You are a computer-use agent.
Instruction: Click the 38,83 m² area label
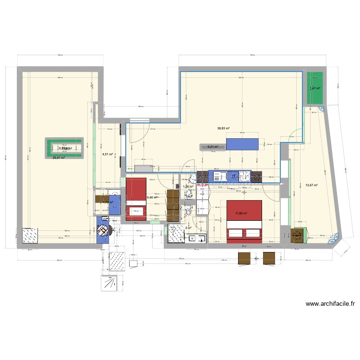tap(223, 129)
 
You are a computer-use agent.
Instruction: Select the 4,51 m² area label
tap(107, 155)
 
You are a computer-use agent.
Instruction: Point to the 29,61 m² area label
tap(59, 158)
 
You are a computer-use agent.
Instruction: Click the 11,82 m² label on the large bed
tap(240, 213)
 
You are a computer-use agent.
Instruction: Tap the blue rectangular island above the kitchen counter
tap(242, 144)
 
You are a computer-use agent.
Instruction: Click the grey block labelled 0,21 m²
tap(213, 147)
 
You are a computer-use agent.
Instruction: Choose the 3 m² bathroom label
tap(188, 228)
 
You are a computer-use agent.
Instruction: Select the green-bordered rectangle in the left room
tap(65, 148)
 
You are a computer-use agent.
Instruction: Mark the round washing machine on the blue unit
tap(103, 231)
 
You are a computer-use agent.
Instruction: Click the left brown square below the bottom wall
tap(245, 258)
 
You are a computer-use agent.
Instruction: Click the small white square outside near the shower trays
tap(133, 263)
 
